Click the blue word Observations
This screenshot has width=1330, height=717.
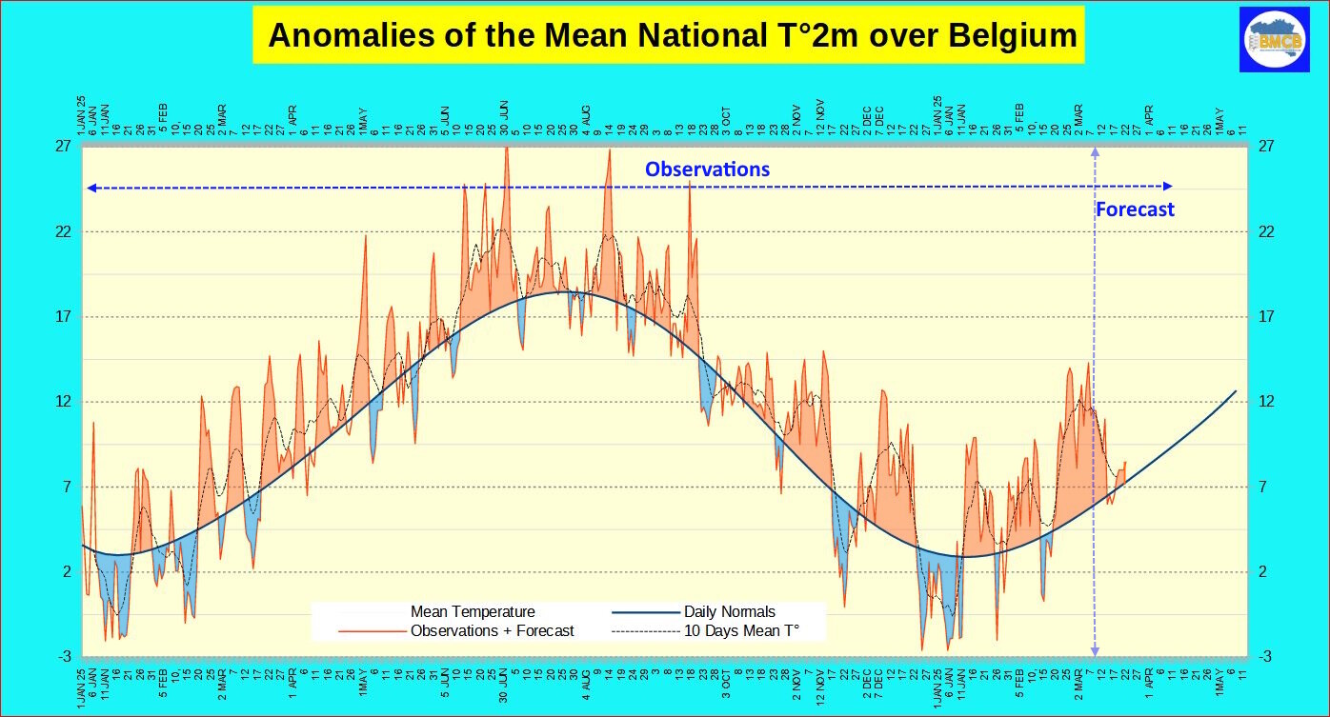click(x=707, y=169)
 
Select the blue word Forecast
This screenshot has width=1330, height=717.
click(x=1135, y=209)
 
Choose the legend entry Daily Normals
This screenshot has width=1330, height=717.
click(x=729, y=612)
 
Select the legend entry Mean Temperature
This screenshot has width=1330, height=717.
click(x=473, y=612)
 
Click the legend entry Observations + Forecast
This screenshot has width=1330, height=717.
click(x=492, y=630)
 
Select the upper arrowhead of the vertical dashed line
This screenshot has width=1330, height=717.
click(x=1095, y=152)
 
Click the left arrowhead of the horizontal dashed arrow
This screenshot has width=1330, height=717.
click(x=91, y=188)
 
